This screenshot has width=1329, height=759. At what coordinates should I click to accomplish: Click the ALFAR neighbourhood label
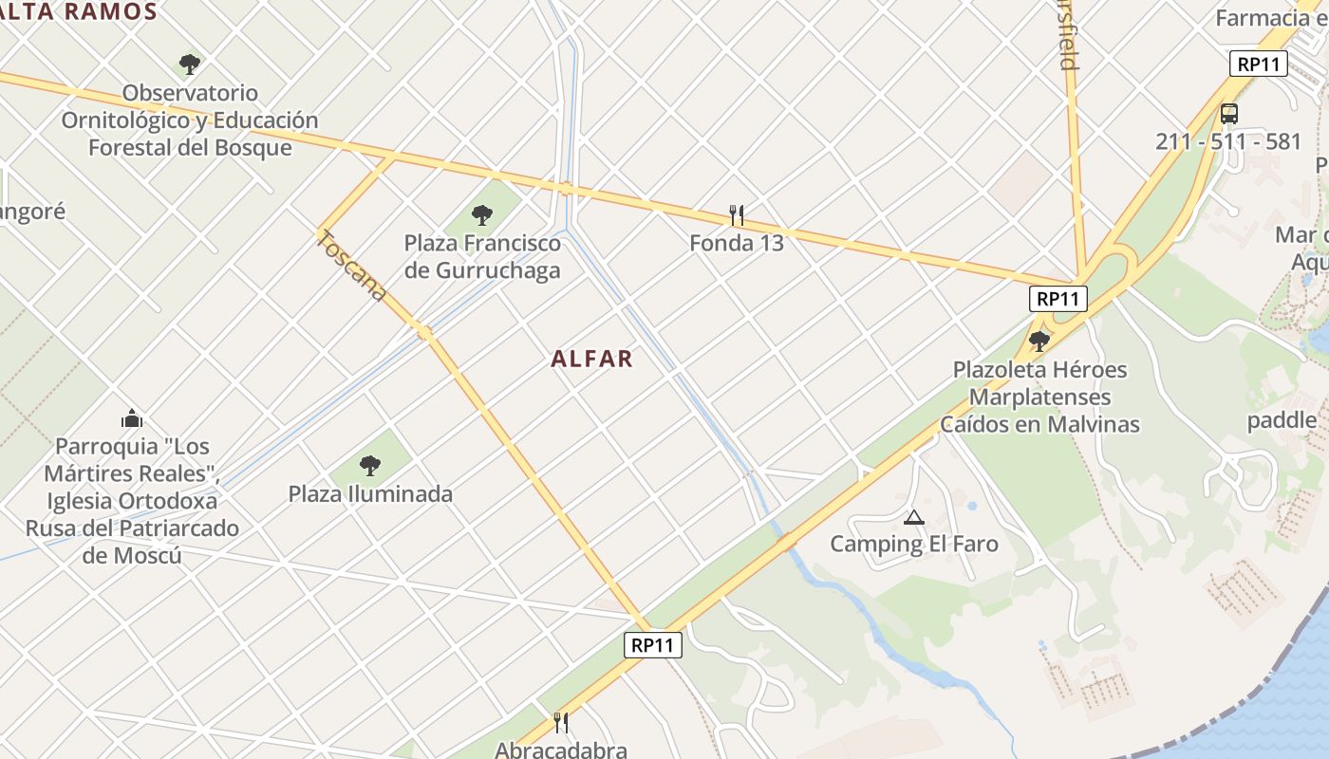[591, 359]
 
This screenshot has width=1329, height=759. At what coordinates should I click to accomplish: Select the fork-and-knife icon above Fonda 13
[736, 215]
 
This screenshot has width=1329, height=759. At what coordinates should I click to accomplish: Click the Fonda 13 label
[737, 243]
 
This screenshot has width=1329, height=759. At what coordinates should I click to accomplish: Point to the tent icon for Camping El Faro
[914, 517]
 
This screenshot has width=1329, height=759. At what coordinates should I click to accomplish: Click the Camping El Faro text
[914, 544]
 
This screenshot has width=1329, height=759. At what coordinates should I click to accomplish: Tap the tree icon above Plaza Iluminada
[370, 466]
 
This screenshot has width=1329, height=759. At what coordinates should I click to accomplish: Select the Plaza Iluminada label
[370, 493]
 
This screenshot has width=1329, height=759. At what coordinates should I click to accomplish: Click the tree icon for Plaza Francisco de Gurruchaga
[482, 215]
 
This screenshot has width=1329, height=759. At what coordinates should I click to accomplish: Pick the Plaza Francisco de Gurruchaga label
[482, 256]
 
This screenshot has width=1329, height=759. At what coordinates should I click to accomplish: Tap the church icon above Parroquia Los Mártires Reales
[132, 418]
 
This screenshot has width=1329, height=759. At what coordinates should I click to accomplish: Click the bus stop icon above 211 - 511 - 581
[1228, 114]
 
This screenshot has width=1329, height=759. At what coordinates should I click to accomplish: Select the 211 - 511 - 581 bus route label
[1228, 141]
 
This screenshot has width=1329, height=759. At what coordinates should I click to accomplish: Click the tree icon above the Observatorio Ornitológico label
[190, 65]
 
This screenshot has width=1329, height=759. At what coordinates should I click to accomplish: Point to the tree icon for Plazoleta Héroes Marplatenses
[1039, 341]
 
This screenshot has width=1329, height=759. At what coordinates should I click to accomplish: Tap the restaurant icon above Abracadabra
[561, 723]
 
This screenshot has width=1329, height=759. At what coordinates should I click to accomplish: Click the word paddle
[1282, 420]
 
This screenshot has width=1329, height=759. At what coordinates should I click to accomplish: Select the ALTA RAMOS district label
[80, 11]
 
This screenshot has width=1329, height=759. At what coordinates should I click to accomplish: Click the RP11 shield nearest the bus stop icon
[1259, 65]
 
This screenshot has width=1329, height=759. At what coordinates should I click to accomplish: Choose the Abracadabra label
[561, 750]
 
